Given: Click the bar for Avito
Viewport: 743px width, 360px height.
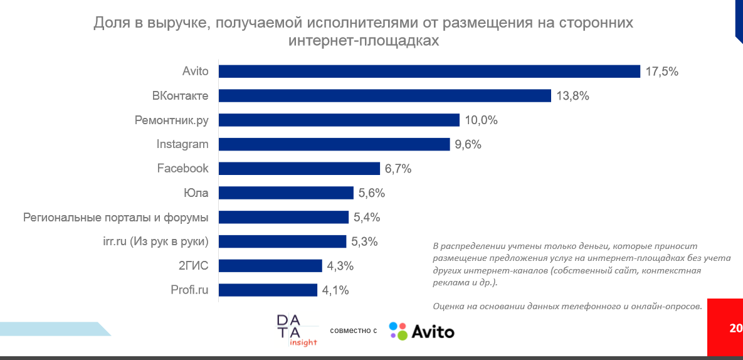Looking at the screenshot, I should point(429,71).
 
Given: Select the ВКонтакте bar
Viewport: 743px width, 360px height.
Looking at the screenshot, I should point(384,96).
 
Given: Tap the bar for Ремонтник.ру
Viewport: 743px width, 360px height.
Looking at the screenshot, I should point(339,120).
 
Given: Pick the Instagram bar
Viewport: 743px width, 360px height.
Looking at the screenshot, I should point(334,144).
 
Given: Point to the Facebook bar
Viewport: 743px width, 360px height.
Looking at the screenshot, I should point(299,169).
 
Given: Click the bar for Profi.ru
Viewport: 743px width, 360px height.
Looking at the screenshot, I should point(268,290).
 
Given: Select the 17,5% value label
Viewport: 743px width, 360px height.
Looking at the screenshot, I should point(661,71).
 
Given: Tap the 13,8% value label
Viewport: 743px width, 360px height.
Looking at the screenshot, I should point(572,96).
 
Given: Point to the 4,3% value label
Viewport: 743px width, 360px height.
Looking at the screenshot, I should point(340,266).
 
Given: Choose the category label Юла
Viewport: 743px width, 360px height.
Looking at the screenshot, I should point(196,193).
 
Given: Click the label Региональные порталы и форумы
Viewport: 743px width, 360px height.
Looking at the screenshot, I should point(115,218).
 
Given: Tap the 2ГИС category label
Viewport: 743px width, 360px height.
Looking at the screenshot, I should point(194,266).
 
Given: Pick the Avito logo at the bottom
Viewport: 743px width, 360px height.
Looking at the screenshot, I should point(421,331).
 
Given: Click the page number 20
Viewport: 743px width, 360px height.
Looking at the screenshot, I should point(735,328).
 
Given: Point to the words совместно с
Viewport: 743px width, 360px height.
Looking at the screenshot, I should point(353,331).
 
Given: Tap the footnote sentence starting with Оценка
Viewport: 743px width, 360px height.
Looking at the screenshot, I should point(567,306).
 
